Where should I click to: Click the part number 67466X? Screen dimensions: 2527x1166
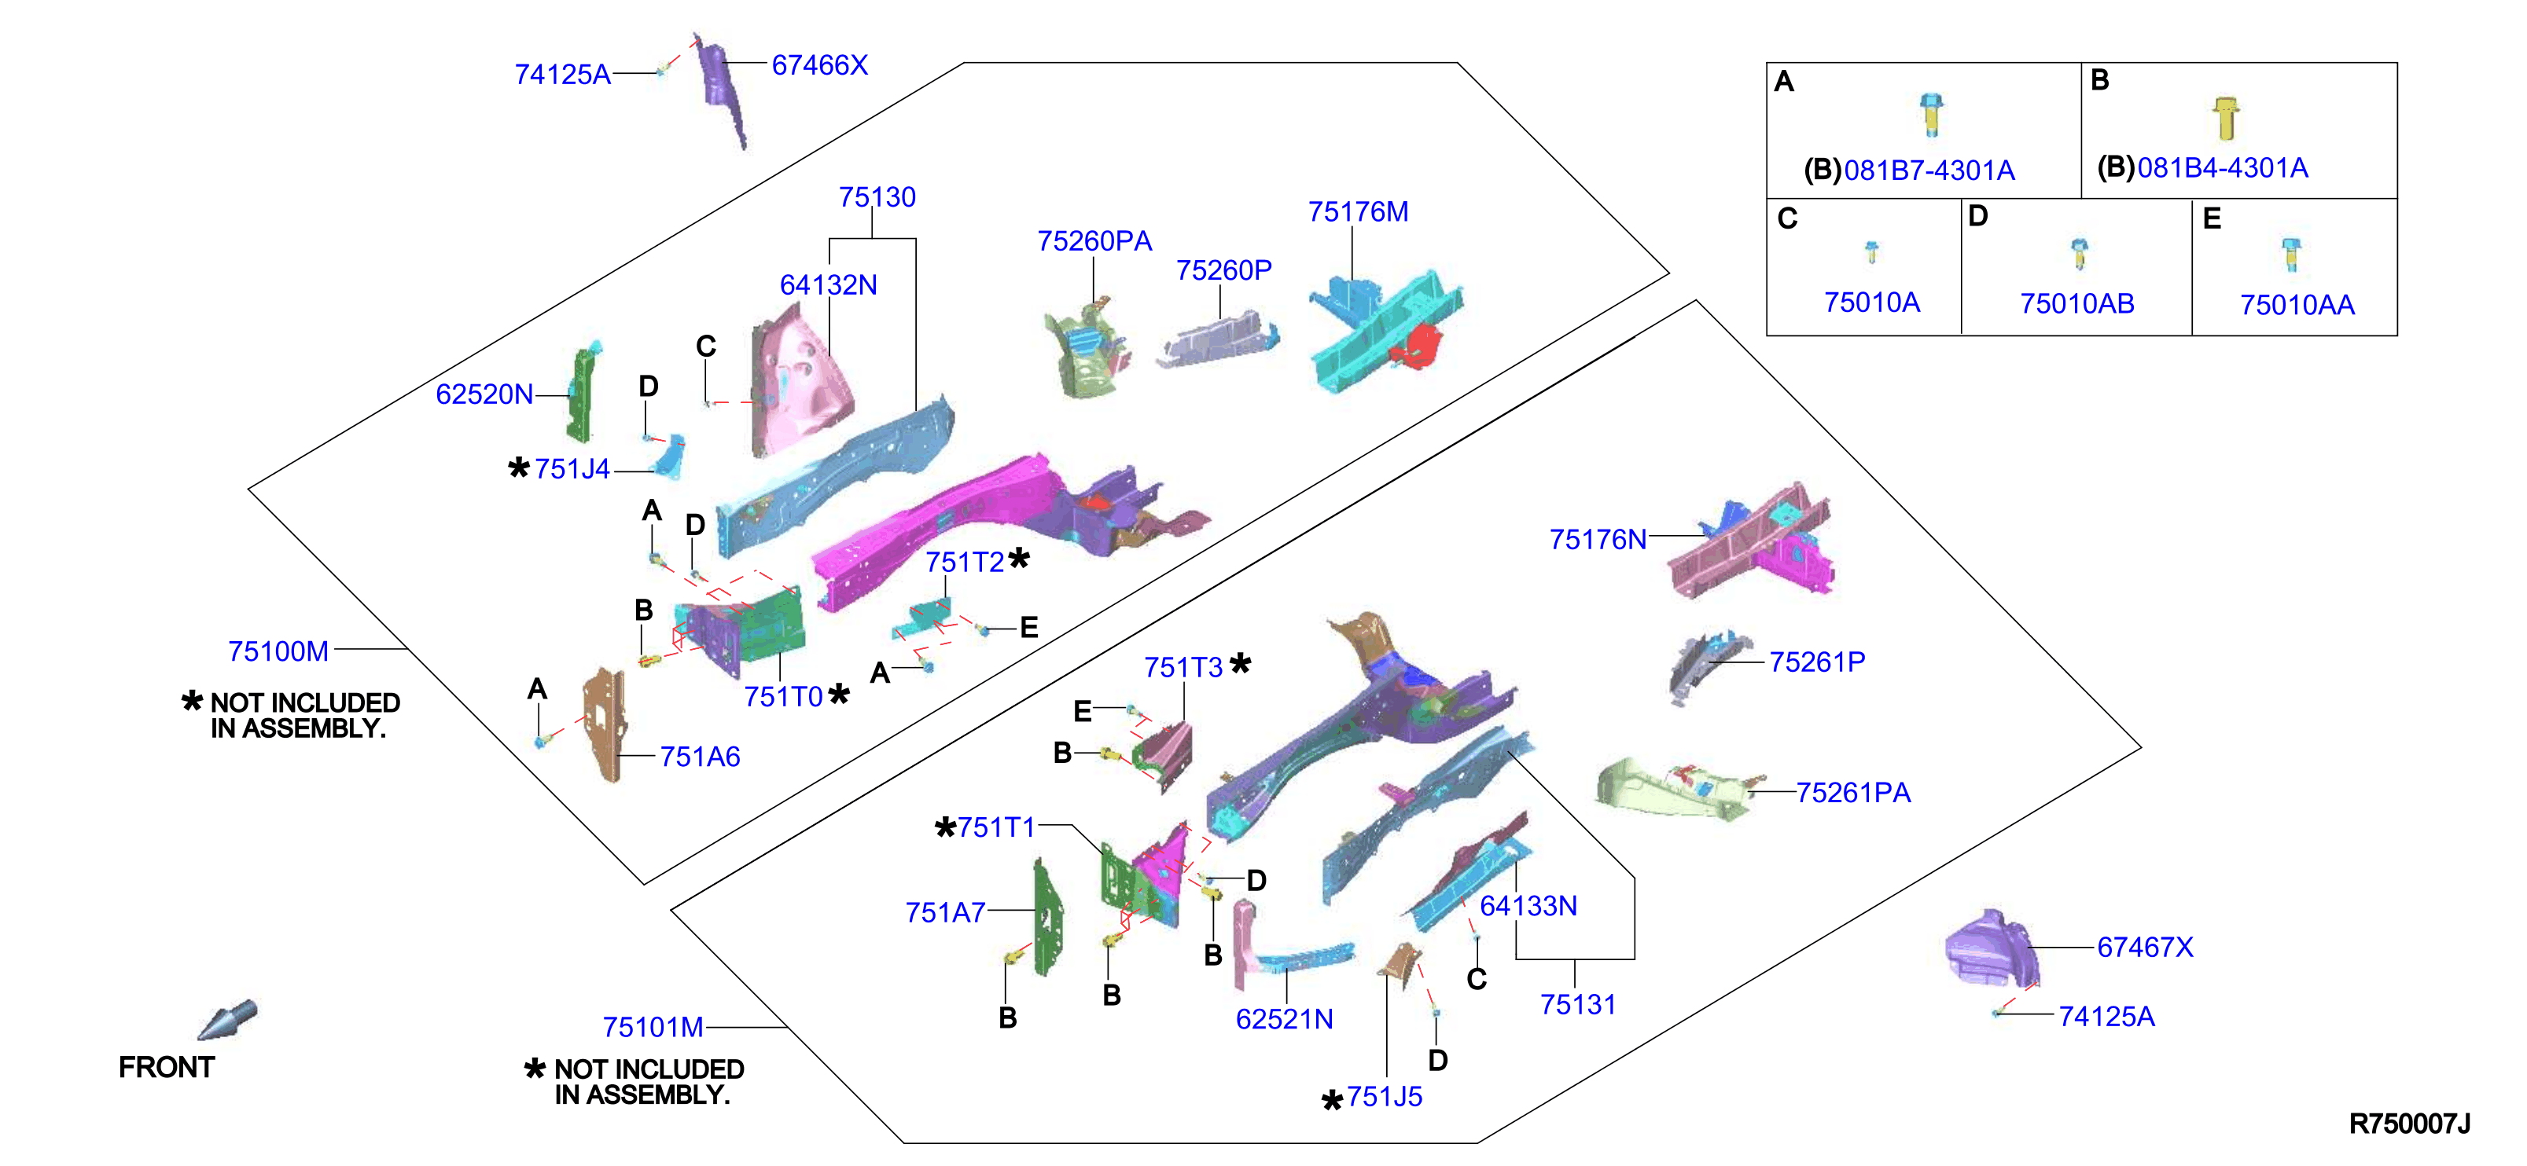819,66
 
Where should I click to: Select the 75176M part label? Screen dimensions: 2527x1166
1358,212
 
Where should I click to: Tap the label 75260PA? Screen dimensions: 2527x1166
1094,241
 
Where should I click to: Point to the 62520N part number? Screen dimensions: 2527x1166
484,394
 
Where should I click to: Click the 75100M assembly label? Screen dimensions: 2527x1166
278,651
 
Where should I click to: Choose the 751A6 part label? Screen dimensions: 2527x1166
700,756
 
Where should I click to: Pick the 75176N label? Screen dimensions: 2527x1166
1598,539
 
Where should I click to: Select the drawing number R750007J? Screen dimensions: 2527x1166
2409,1124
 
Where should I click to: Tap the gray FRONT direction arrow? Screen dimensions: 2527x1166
227,1020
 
